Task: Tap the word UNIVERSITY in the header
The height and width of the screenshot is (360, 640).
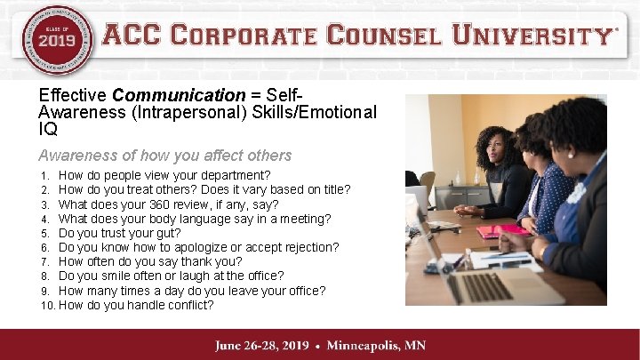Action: pyautogui.click(x=532, y=36)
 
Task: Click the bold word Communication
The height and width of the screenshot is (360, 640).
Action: pyautogui.click(x=179, y=95)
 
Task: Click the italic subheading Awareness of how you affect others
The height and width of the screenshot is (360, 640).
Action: pyautogui.click(x=165, y=156)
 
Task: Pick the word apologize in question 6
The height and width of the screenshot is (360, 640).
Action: pyautogui.click(x=210, y=247)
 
